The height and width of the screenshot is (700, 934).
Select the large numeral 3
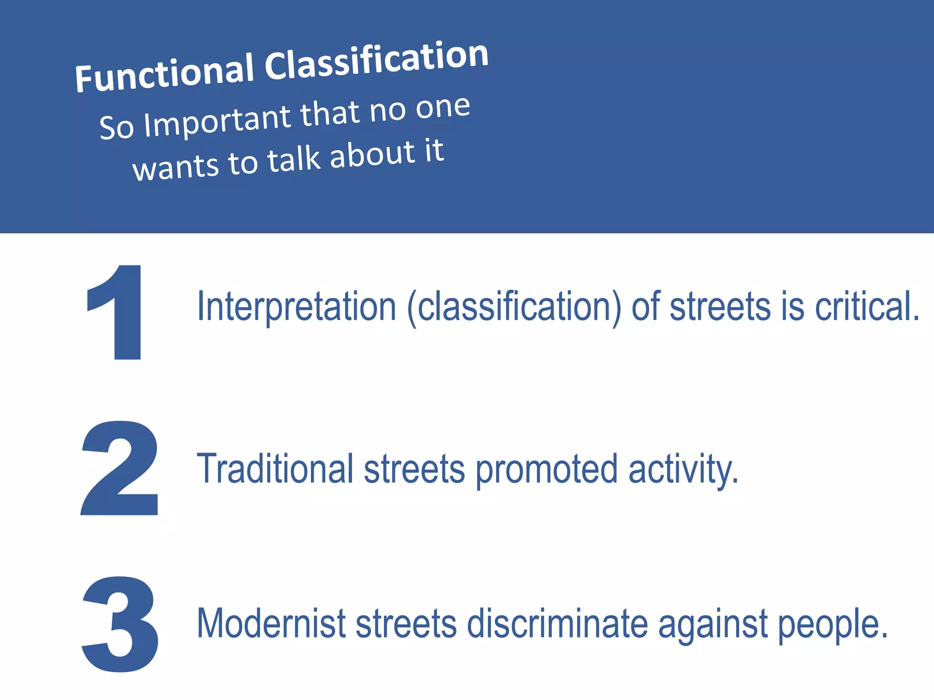click(120, 624)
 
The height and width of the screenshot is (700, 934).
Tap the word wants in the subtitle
click(176, 167)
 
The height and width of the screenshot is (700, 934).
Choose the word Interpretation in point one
click(296, 306)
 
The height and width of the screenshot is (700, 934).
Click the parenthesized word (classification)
click(514, 307)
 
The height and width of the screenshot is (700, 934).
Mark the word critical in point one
click(867, 306)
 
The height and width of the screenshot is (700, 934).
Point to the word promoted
click(547, 469)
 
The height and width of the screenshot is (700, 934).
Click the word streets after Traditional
click(414, 469)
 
